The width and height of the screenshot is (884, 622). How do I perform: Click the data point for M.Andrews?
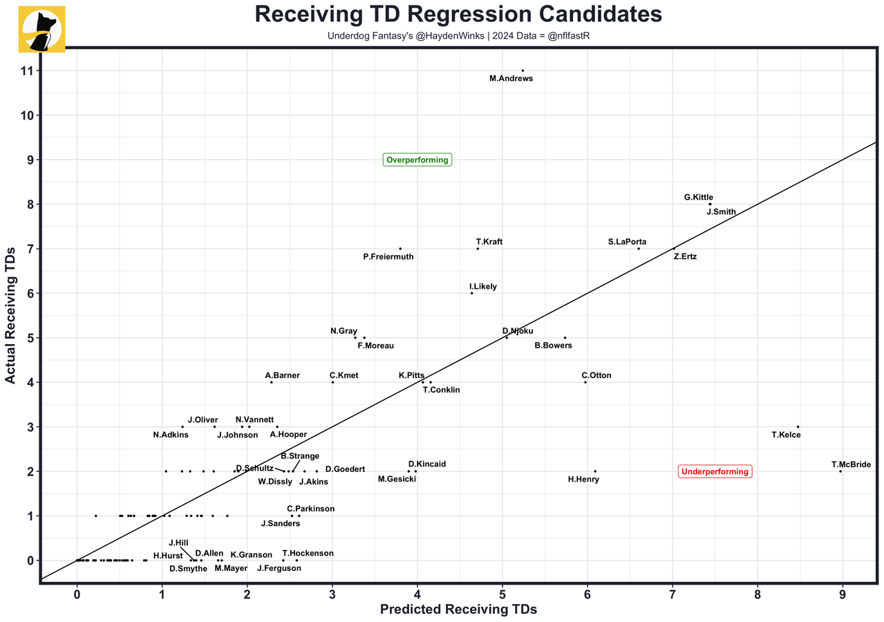tap(523, 70)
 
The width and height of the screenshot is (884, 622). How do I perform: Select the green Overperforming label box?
tap(417, 160)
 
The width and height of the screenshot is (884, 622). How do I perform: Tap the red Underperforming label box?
tap(715, 472)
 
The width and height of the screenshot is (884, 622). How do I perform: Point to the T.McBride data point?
tap(840, 471)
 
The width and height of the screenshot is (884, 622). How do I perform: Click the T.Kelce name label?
tap(786, 435)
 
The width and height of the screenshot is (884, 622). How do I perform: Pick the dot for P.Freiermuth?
tap(400, 249)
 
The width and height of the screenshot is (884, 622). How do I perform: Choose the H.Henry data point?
tap(595, 471)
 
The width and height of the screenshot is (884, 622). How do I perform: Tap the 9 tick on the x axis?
tap(843, 594)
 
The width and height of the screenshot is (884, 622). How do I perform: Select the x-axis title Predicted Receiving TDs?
tap(458, 610)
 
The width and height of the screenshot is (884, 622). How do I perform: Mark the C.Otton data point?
tap(585, 382)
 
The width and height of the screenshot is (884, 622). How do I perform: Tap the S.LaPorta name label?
tap(628, 242)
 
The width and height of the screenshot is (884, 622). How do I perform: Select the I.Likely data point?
tap(471, 293)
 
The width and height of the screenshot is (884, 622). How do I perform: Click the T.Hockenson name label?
tap(308, 554)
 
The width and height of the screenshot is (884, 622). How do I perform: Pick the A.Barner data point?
tap(272, 382)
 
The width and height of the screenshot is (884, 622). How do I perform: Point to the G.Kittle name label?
tap(699, 198)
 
